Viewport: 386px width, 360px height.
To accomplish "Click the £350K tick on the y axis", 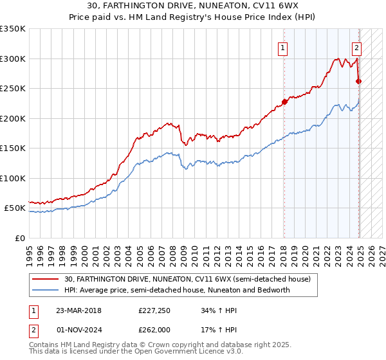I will [x=13, y=29].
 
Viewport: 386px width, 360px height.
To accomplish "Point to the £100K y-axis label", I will [x=13, y=178].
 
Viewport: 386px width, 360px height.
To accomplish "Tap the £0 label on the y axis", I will [x=19, y=238].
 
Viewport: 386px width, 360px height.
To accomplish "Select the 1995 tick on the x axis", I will [x=30, y=249].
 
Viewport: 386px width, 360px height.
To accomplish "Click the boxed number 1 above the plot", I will [x=283, y=47].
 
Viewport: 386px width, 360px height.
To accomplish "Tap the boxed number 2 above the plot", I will [x=356, y=47].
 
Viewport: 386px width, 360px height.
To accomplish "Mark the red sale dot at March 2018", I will [x=284, y=102].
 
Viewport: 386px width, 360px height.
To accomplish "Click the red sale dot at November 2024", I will [x=359, y=81].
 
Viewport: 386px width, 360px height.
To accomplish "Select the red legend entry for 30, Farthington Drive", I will [x=187, y=279].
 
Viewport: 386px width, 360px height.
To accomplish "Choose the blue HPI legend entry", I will [x=178, y=290].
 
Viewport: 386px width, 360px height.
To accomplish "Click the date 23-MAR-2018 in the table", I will [x=79, y=311].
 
